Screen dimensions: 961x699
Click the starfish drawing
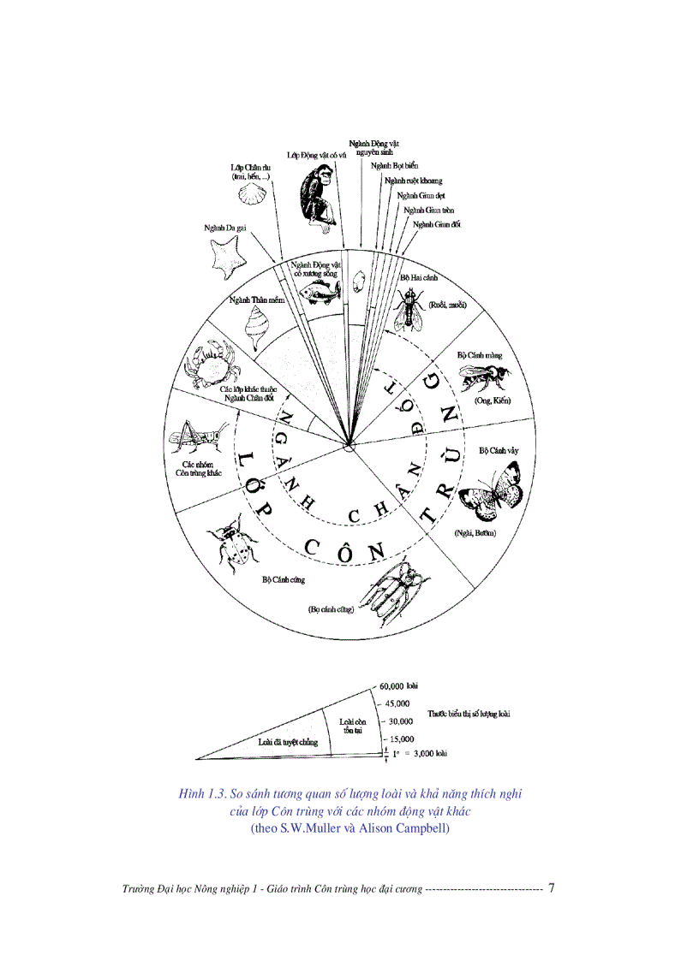click(x=227, y=258)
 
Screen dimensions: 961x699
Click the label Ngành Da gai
click(x=225, y=228)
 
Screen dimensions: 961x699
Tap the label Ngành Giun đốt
click(x=437, y=223)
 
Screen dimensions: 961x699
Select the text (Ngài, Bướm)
click(x=475, y=533)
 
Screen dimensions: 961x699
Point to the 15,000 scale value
click(x=399, y=739)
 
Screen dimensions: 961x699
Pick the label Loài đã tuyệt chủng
click(x=288, y=742)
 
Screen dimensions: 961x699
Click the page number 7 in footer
click(x=552, y=888)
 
